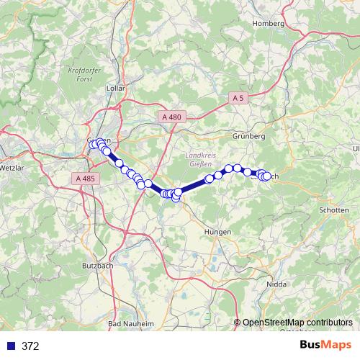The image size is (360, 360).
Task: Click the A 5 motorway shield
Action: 239,97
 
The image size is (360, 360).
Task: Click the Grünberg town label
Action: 249,136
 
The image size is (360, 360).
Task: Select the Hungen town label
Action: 217,232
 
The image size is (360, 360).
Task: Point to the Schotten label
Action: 333,210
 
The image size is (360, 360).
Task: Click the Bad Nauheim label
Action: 131,325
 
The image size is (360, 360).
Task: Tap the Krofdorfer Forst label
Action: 81,75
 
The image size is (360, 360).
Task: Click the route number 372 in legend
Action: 30,346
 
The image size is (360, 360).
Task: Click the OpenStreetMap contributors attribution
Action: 297,323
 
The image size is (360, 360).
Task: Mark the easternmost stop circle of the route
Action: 267,176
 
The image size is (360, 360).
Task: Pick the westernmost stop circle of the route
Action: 92,145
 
